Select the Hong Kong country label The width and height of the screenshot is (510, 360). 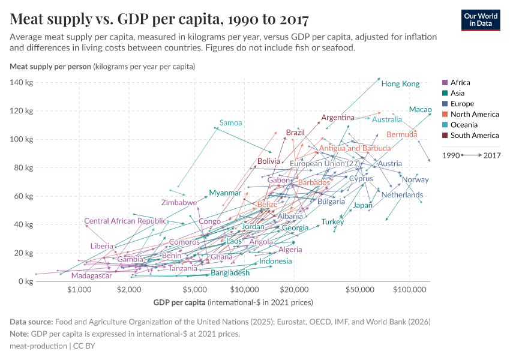click(400, 84)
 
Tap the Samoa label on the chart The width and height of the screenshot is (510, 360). click(230, 123)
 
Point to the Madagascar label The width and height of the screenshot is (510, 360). click(91, 276)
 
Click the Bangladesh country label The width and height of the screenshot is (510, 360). click(230, 273)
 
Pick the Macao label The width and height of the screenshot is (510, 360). click(420, 109)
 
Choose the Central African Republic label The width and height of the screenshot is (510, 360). click(125, 221)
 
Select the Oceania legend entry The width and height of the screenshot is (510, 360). click(466, 125)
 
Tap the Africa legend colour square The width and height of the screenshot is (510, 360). click(445, 83)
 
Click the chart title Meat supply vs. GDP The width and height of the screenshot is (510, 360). click(160, 19)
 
